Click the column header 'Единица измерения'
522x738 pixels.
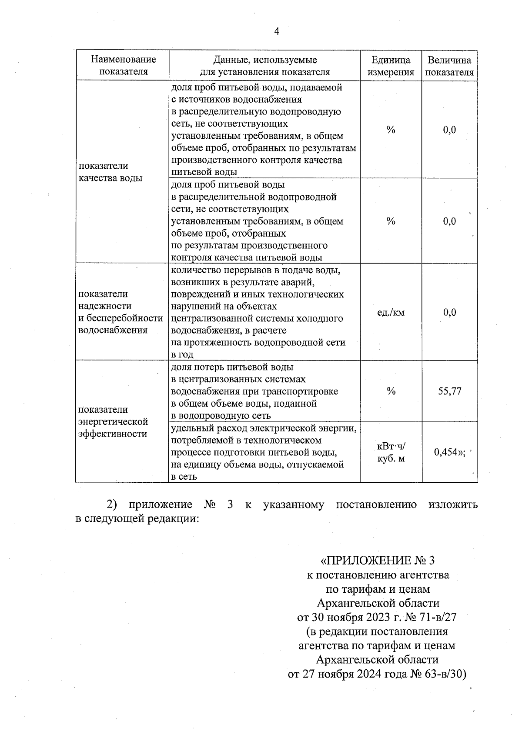391,66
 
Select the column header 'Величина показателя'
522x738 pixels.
449,66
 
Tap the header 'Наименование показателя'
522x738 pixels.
124,66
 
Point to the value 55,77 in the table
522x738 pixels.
449,391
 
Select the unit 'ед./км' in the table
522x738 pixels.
391,312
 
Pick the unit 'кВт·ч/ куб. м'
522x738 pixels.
391,452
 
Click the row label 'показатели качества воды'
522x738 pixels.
110,172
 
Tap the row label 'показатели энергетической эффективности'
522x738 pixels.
113,421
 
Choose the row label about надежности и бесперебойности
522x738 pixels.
120,312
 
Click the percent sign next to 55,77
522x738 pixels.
391,391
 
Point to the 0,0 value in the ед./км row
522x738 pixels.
449,312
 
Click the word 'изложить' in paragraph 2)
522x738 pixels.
453,504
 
